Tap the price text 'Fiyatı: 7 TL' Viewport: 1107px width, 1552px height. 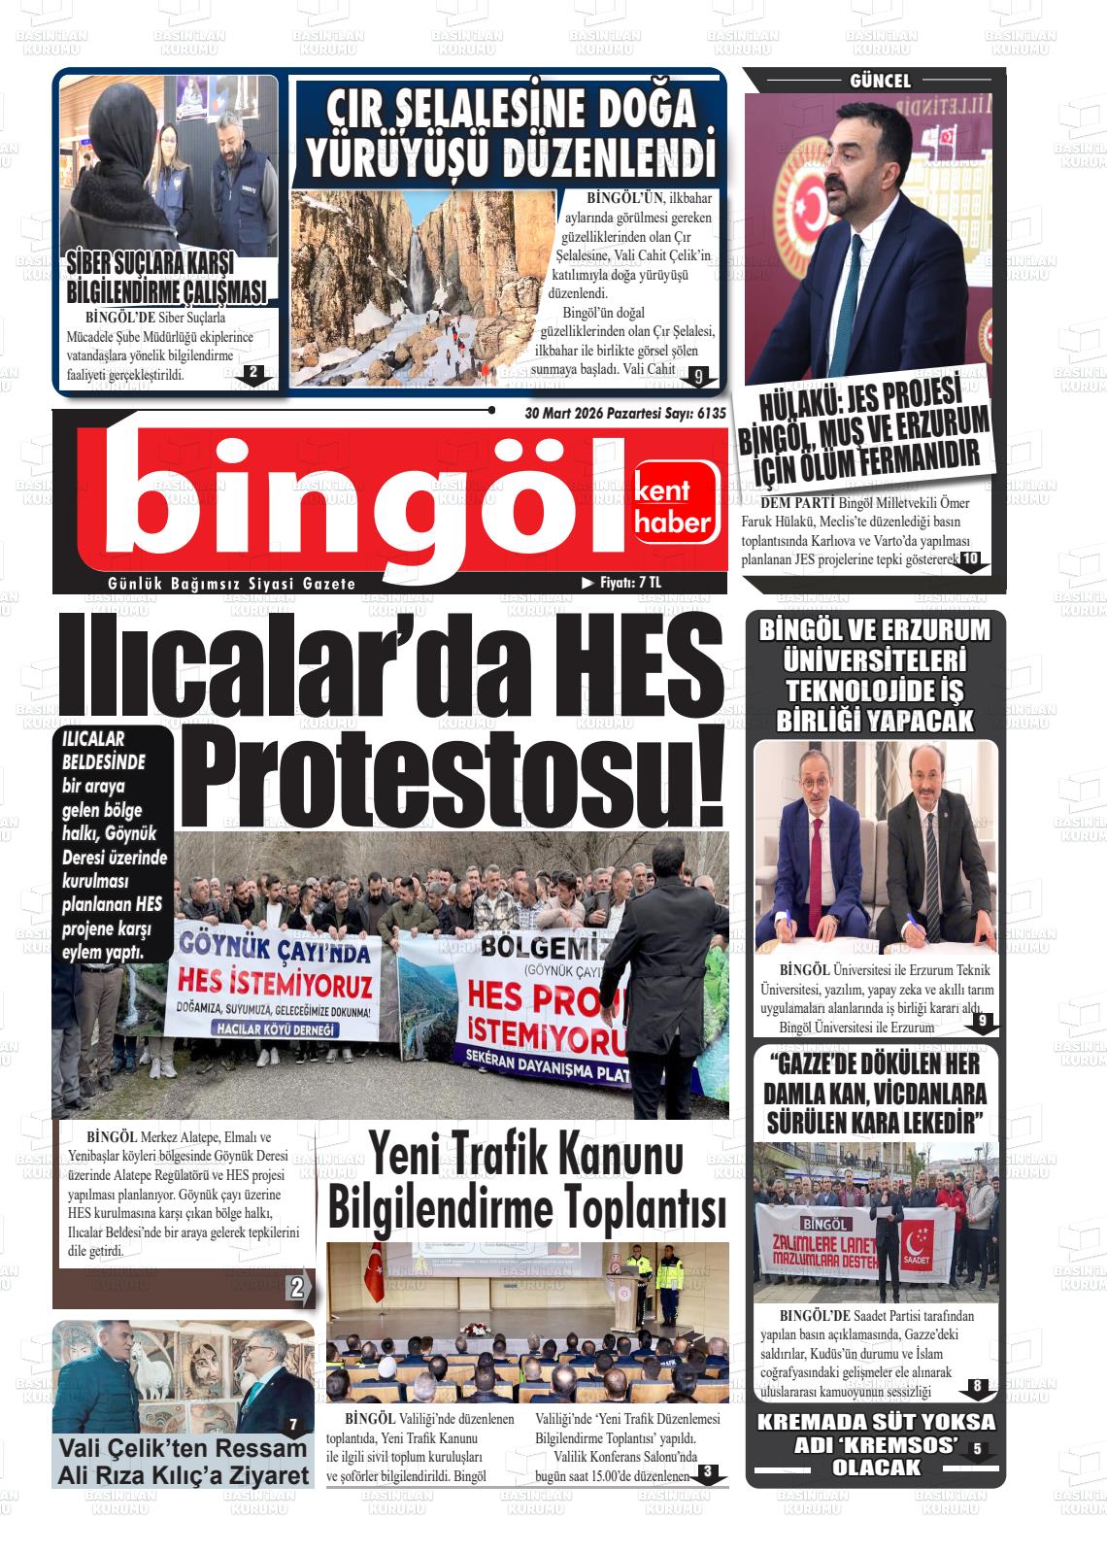[628, 583]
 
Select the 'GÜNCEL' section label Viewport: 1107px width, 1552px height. [880, 82]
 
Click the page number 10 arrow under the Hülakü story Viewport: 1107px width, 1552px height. [970, 560]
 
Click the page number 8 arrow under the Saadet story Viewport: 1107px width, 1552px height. [977, 1388]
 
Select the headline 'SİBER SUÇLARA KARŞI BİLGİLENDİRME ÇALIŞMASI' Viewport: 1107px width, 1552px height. [166, 277]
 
